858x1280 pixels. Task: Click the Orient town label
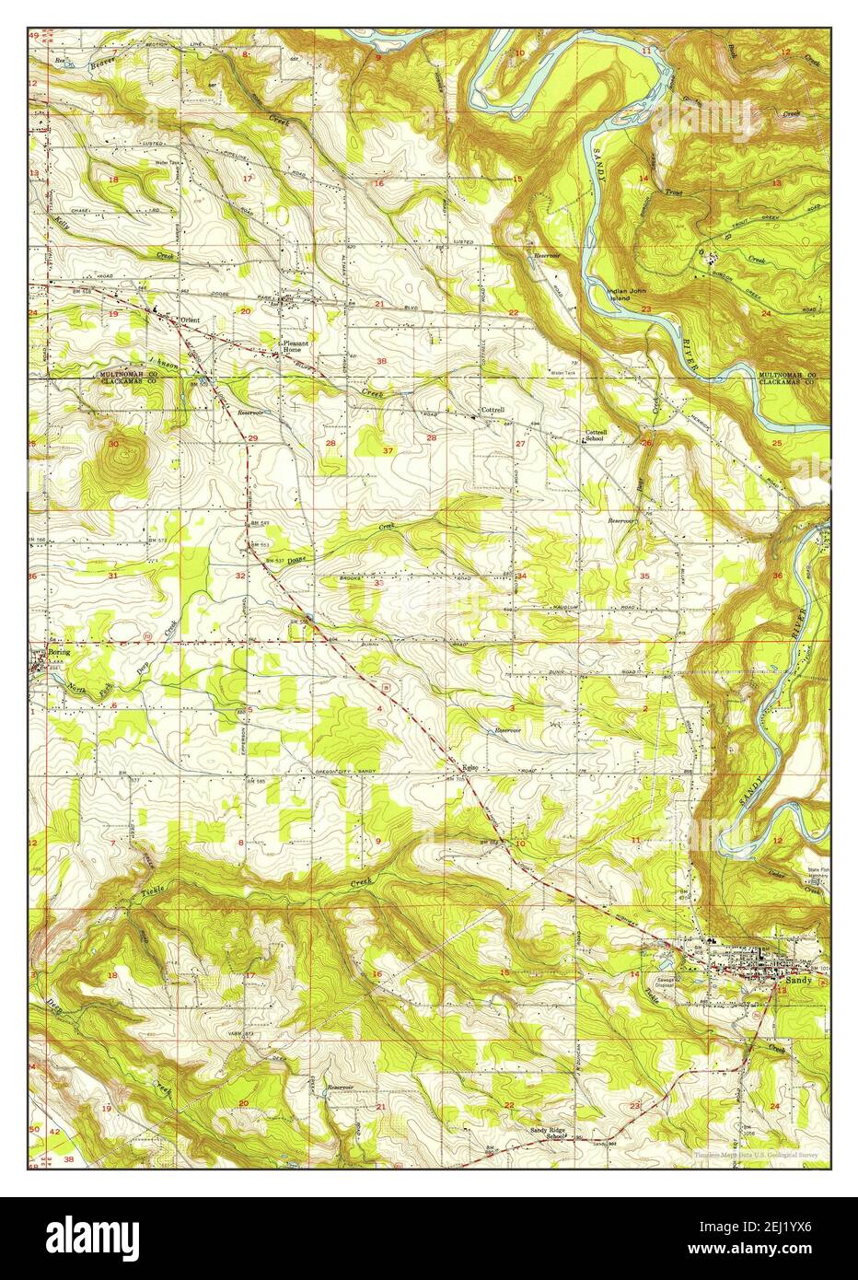pyautogui.click(x=190, y=320)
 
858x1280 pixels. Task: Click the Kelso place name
pyautogui.click(x=470, y=766)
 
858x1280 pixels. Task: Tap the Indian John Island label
pyautogui.click(x=632, y=295)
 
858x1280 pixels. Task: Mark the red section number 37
pyautogui.click(x=388, y=450)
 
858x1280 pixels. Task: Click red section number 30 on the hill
pyautogui.click(x=113, y=444)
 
